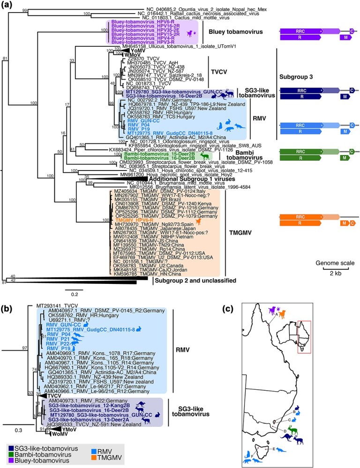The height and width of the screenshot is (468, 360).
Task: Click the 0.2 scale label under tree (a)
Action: coord(74,294)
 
